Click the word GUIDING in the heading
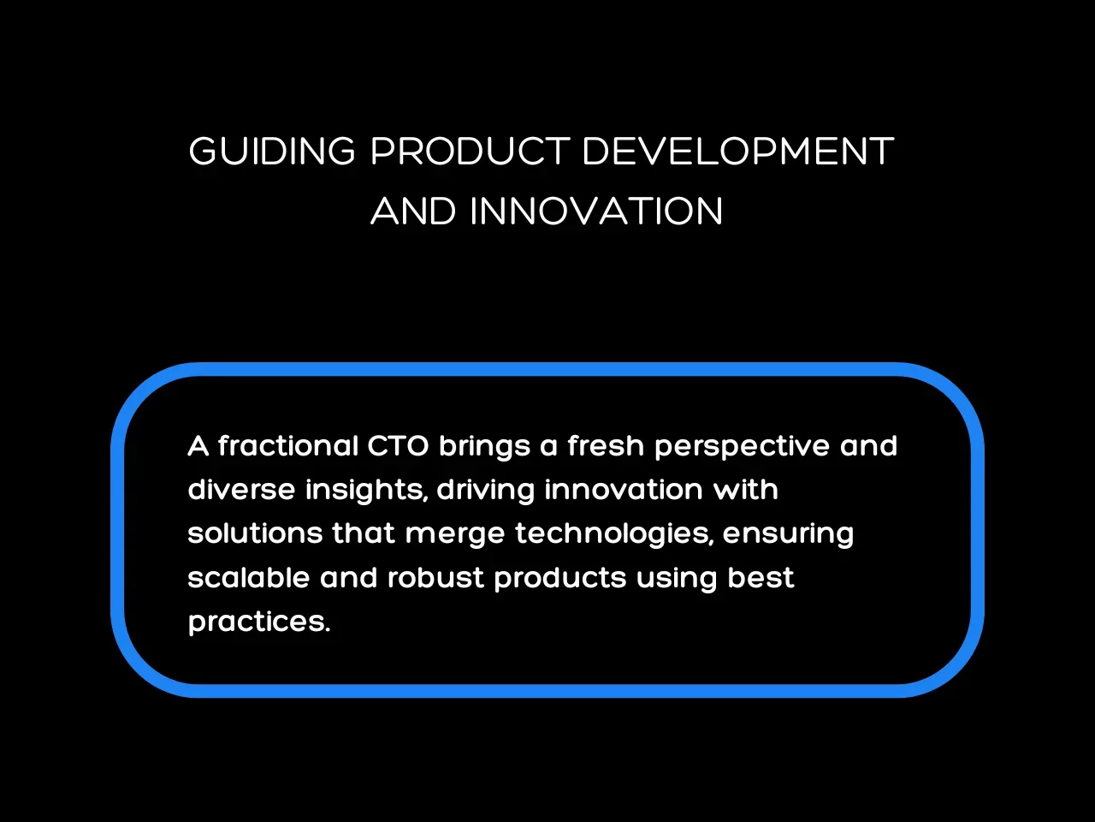point(272,151)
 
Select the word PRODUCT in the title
point(470,151)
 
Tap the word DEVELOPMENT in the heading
point(738,151)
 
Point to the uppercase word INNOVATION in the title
point(596,211)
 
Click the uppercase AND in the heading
point(413,211)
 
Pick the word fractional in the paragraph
point(288,445)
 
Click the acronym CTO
point(398,446)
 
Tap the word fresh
point(607,445)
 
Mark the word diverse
point(241,489)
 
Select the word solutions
point(256,533)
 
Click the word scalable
point(249,577)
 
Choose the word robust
point(436,577)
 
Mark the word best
point(761,577)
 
